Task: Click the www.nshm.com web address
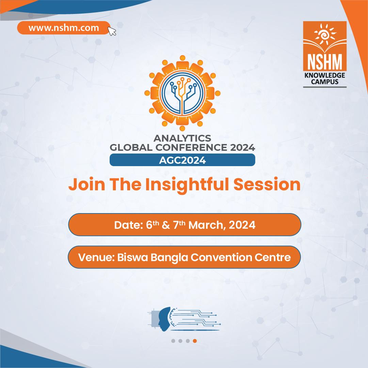[x=64, y=28]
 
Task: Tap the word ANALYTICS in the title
[x=182, y=138]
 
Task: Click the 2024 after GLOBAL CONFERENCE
[x=241, y=148]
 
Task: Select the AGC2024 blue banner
[x=182, y=160]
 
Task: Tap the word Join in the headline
[x=81, y=185]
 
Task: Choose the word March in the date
[x=204, y=225]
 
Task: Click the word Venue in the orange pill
[x=95, y=257]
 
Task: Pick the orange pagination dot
[x=194, y=341]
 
